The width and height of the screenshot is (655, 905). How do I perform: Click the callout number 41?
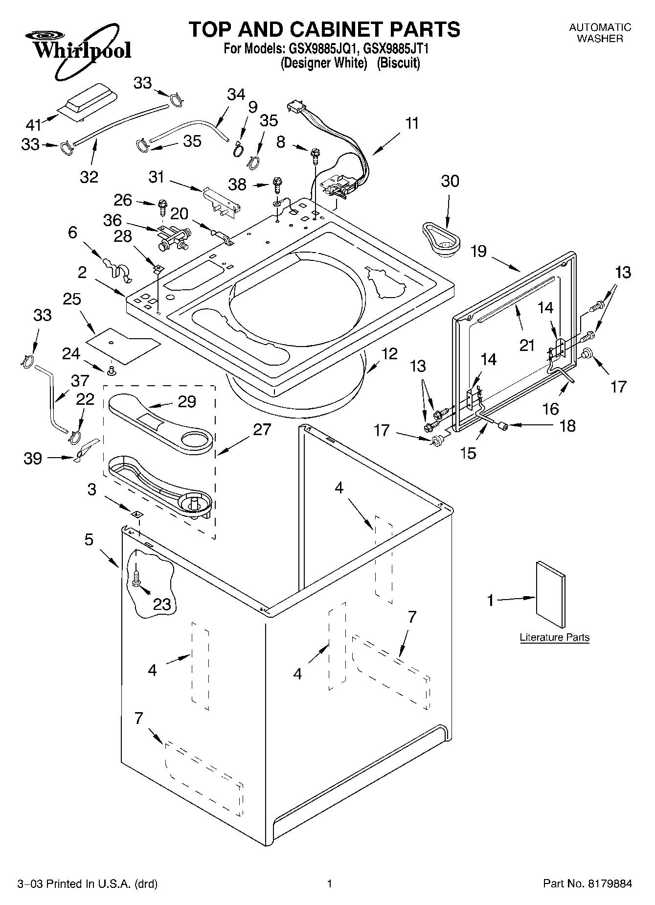pos(33,125)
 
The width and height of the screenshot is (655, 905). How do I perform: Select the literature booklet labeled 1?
pos(551,594)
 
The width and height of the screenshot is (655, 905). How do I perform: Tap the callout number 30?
pos(450,181)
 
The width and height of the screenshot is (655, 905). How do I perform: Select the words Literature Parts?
pos(554,637)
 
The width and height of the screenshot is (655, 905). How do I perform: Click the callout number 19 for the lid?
pos(478,252)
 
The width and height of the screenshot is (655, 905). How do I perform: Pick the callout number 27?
pos(262,430)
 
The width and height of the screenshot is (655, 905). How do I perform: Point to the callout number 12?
pos(389,353)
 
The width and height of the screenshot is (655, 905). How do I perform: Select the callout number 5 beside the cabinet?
pos(89,539)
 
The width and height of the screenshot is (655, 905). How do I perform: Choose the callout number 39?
pos(33,459)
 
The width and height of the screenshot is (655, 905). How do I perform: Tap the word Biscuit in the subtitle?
pos(399,63)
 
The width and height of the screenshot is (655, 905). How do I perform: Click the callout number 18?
pos(567,426)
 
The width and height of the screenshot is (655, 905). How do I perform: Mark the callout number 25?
pos(72,299)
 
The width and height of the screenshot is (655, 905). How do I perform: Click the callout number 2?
pos(82,272)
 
